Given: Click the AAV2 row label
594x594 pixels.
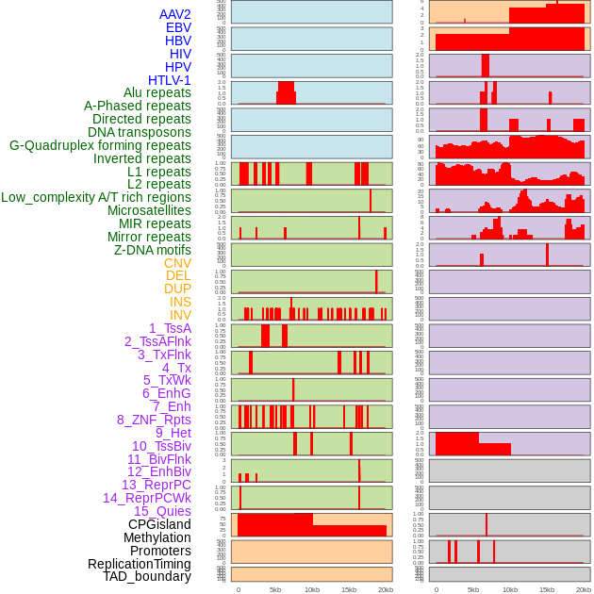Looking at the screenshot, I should click(174, 14).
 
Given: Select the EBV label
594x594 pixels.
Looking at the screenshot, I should click(178, 27).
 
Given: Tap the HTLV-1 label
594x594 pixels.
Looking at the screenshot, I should click(169, 80).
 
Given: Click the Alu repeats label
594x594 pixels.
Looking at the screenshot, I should click(157, 92).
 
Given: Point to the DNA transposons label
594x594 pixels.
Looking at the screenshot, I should click(140, 132).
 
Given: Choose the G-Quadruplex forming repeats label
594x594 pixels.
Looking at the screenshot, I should click(100, 145).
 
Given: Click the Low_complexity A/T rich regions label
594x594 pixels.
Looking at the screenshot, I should click(96, 197).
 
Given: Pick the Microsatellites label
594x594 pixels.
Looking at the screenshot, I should click(149, 210).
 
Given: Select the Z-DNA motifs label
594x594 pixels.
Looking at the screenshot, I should click(152, 250).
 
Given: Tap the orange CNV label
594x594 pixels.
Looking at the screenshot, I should click(177, 263).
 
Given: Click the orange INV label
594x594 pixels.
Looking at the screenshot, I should click(180, 315).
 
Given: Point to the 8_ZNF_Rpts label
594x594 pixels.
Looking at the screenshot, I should click(154, 420).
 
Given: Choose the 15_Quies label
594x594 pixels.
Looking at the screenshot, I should click(162, 511).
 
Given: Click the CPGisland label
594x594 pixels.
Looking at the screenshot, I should click(159, 524).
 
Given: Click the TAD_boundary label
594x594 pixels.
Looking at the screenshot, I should click(146, 576).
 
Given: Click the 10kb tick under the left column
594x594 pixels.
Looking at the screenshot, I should click(311, 589).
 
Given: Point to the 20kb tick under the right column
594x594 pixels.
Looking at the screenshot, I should click(584, 589).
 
